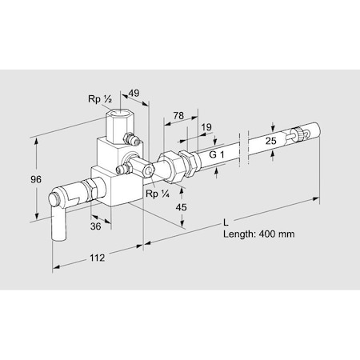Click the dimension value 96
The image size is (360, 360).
[x=36, y=179]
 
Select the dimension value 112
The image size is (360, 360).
[x=97, y=258]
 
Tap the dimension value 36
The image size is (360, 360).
[x=95, y=226]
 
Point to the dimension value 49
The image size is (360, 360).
[x=134, y=93]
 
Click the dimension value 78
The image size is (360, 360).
[x=178, y=115]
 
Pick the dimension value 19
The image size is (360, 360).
[x=206, y=127]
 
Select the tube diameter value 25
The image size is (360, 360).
[x=270, y=141]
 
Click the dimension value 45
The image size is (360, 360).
[x=181, y=207]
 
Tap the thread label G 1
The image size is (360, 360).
[x=217, y=154]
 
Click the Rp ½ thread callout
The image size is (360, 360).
[x=100, y=99]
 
